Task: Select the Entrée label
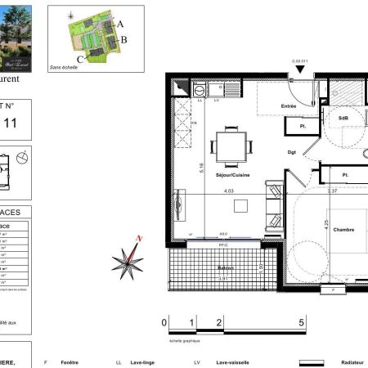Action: click(x=289, y=105)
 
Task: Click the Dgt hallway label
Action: click(x=291, y=150)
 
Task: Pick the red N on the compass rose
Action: click(x=140, y=238)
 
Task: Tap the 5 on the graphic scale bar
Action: click(x=302, y=323)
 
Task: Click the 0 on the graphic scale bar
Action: click(x=164, y=323)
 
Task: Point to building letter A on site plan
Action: click(x=120, y=25)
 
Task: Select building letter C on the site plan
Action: click(x=79, y=59)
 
